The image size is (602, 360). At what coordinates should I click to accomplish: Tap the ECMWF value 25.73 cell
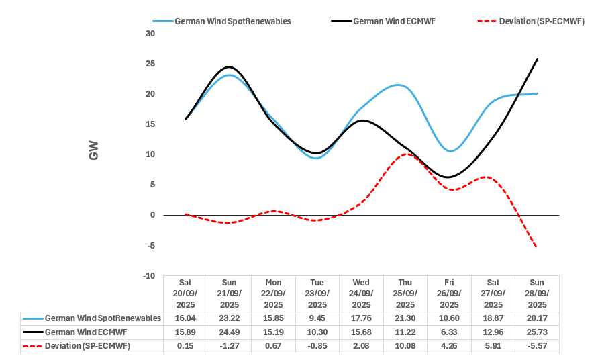[x=536, y=332]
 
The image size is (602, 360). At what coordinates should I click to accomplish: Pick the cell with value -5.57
[x=536, y=346]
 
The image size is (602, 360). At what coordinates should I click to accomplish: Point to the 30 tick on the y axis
[x=150, y=34]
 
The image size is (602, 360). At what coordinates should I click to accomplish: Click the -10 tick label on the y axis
[x=148, y=276]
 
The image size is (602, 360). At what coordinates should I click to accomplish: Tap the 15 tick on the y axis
[x=150, y=124]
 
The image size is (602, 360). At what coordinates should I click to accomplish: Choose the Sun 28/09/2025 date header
[x=536, y=294]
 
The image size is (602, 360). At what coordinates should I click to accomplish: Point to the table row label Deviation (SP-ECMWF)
[x=87, y=346]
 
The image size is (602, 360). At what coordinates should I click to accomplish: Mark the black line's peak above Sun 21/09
[x=230, y=67]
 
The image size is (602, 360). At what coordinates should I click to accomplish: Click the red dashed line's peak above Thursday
[x=407, y=154]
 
